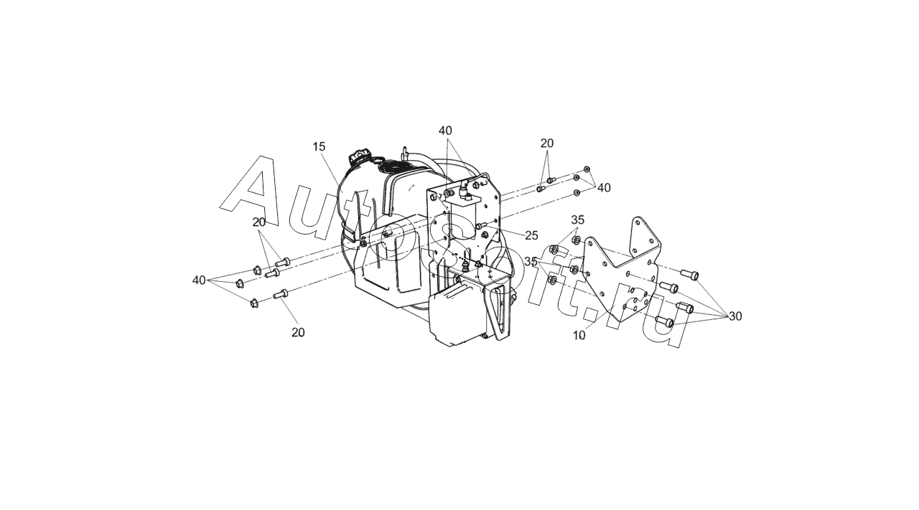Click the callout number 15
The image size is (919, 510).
click(319, 146)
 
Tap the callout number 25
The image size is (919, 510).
click(531, 235)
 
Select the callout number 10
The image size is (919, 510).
click(579, 335)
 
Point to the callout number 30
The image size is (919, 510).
click(735, 316)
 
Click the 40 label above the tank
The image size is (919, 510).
click(445, 131)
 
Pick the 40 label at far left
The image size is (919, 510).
click(199, 280)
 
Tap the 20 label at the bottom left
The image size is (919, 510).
click(298, 332)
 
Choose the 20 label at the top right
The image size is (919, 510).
click(547, 143)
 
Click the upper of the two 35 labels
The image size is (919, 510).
click(578, 219)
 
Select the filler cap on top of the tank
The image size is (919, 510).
click(358, 157)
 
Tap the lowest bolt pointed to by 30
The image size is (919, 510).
click(663, 322)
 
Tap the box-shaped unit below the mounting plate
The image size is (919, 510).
click(455, 316)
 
